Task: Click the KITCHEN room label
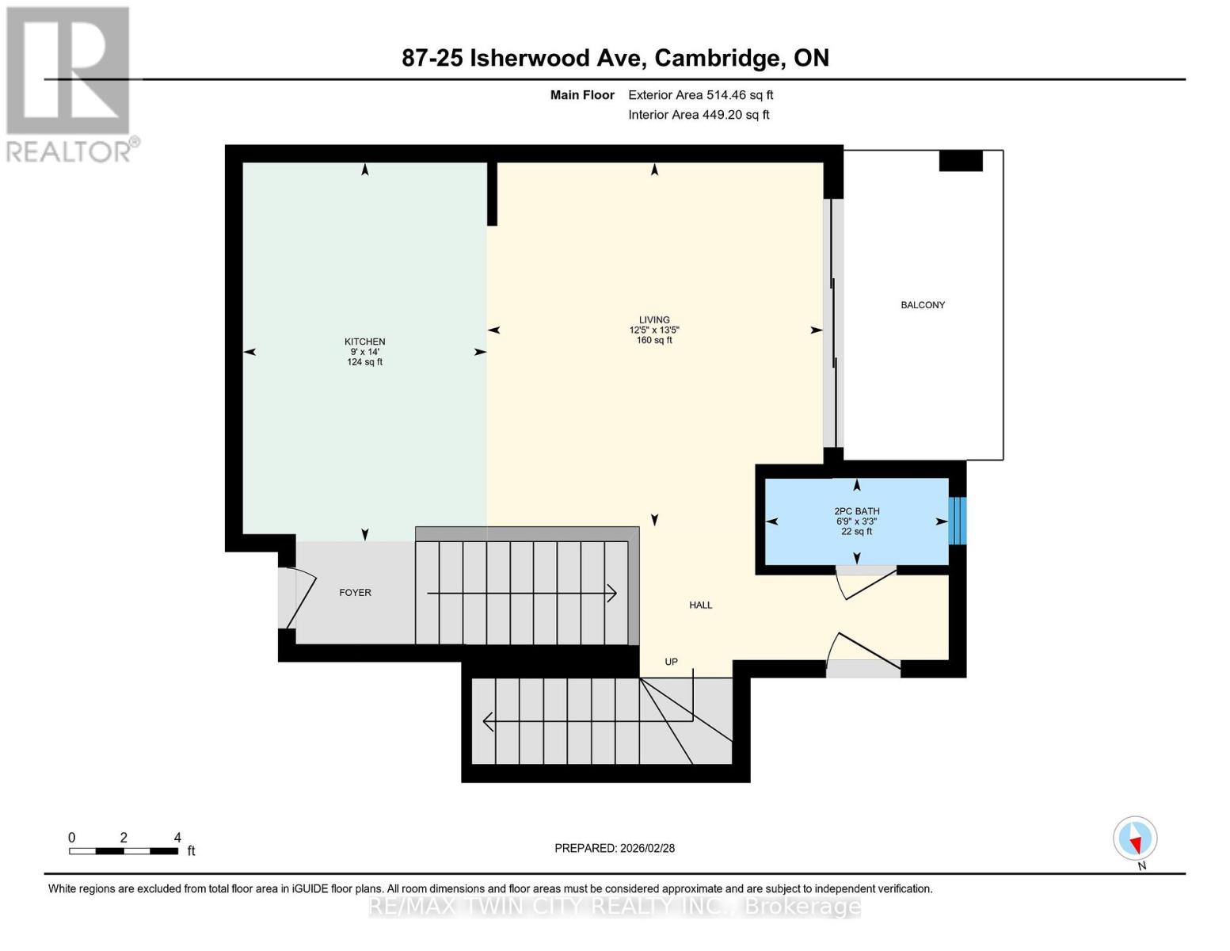(x=364, y=342)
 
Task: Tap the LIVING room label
(x=654, y=319)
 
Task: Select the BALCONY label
(x=923, y=305)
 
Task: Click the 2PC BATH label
(x=856, y=511)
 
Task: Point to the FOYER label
(x=355, y=592)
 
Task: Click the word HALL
(x=700, y=605)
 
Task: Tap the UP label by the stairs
(x=671, y=662)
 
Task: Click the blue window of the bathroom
(x=957, y=521)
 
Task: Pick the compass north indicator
(x=1135, y=838)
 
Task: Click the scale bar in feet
(x=124, y=850)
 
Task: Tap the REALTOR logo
(x=69, y=83)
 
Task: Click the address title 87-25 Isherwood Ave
(x=615, y=58)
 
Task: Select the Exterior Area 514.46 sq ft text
(x=700, y=95)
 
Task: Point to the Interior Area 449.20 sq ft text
(x=699, y=115)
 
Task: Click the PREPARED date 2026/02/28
(x=615, y=848)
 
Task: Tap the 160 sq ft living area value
(x=654, y=341)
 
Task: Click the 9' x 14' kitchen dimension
(x=364, y=352)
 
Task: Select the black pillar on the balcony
(x=960, y=161)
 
